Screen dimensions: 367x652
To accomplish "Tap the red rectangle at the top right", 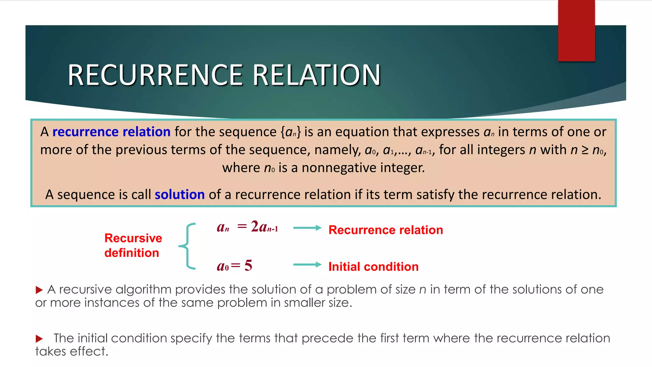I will pyautogui.click(x=576, y=30).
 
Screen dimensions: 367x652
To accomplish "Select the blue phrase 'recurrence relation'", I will pyautogui.click(x=111, y=132).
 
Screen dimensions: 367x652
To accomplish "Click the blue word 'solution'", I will pyautogui.click(x=180, y=194).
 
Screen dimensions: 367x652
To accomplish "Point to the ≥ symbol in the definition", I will pyautogui.click(x=585, y=150).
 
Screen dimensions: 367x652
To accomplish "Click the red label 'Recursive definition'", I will pyautogui.click(x=133, y=245).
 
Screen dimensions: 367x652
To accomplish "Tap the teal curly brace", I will pyautogui.click(x=187, y=246).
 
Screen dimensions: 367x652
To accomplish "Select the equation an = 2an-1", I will pyautogui.click(x=247, y=227).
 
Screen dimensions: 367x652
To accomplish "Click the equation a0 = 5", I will pyautogui.click(x=235, y=265).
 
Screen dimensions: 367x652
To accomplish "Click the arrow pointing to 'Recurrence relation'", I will pyautogui.click(x=307, y=228).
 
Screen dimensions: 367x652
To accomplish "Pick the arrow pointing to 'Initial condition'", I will pyautogui.click(x=307, y=264).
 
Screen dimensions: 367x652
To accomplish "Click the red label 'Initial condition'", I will pyautogui.click(x=373, y=267).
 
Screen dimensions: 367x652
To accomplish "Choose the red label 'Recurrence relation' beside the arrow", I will pyautogui.click(x=386, y=230).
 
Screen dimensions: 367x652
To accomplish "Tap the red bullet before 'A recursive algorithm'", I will pyautogui.click(x=39, y=290).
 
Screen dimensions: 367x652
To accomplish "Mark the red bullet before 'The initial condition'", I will pyautogui.click(x=39, y=338).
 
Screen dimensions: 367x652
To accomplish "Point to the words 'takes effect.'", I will pyautogui.click(x=72, y=351).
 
